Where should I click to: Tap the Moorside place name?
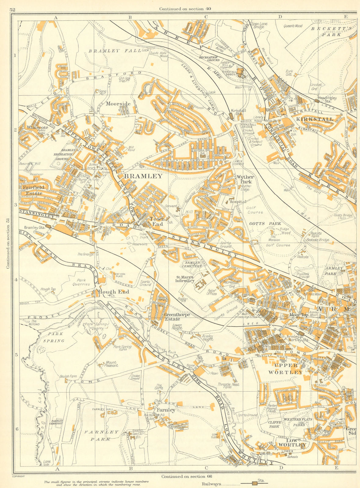click(118, 104)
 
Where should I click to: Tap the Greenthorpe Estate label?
click(177, 317)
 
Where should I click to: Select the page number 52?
click(13, 10)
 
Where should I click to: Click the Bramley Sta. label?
click(33, 228)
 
